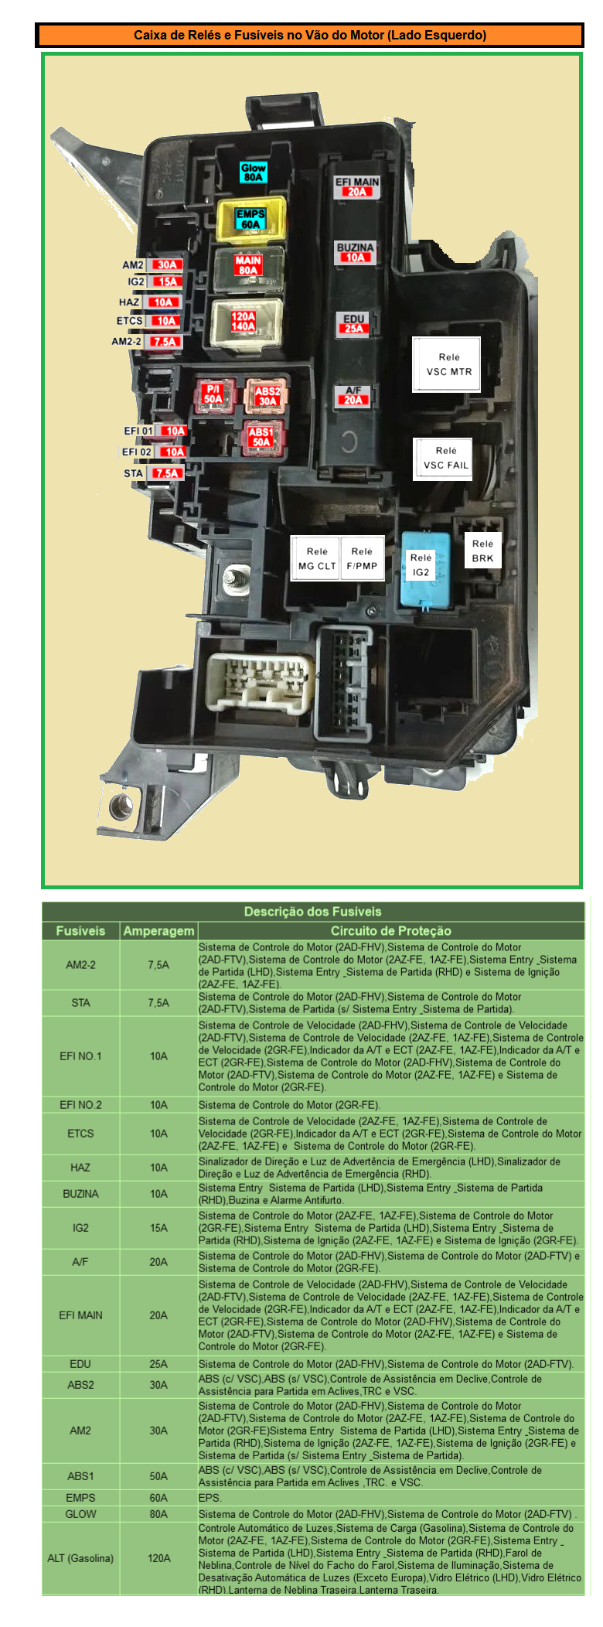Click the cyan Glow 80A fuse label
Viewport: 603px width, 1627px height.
click(x=253, y=172)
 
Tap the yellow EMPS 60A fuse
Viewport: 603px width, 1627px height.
click(x=251, y=220)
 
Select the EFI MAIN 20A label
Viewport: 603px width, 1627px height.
click(x=356, y=187)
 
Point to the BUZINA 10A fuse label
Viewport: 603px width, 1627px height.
click(x=355, y=253)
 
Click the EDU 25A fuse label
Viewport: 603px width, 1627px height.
click(x=353, y=324)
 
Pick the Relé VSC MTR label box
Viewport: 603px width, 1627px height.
click(x=446, y=364)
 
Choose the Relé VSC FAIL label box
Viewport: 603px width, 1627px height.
click(x=443, y=459)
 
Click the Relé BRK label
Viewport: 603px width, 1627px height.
click(x=482, y=551)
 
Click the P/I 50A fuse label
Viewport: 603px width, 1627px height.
click(x=213, y=394)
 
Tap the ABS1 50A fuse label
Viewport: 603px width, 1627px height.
click(x=261, y=438)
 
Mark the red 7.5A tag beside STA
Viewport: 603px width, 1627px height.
click(x=167, y=474)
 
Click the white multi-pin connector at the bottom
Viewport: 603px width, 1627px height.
click(x=259, y=683)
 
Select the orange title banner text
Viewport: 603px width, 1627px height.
click(x=310, y=35)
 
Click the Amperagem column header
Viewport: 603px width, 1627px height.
click(x=158, y=931)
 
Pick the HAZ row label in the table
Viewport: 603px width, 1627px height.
click(x=80, y=1168)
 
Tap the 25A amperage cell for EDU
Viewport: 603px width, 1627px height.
click(x=158, y=1364)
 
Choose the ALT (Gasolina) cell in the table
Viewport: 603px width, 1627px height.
click(x=80, y=1558)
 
